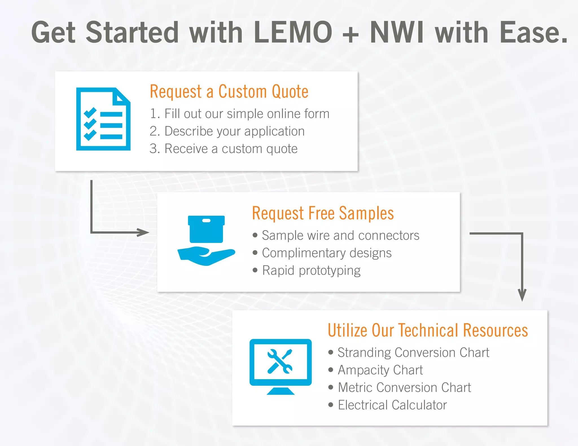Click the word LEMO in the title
click(293, 33)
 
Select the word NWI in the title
click(397, 33)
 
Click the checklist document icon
click(103, 119)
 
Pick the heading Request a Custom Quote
click(229, 91)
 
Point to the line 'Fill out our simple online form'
click(240, 114)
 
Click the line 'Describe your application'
click(227, 131)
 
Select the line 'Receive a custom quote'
click(224, 149)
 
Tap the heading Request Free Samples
click(323, 213)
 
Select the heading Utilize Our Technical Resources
click(428, 330)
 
